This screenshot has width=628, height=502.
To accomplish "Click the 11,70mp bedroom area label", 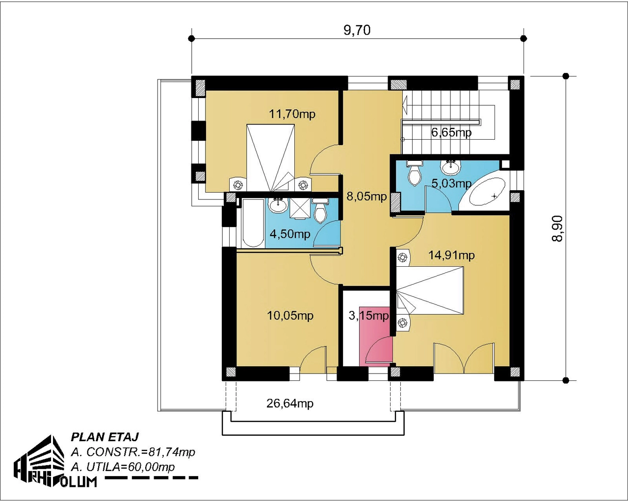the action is point(292,114).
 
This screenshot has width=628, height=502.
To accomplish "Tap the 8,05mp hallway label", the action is point(366,196).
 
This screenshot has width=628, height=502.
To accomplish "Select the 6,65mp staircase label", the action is point(451,132).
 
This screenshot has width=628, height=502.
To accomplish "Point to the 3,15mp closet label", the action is point(368,315).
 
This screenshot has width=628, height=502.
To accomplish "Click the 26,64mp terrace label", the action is point(290,403).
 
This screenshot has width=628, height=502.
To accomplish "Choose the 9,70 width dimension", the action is point(357,30).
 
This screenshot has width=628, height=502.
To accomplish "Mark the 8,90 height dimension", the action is point(557,228).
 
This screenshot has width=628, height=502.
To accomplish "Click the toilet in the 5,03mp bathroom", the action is point(414,173).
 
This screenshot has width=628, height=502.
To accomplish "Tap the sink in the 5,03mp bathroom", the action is point(451,167).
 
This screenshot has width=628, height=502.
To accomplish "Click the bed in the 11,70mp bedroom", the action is point(270,158).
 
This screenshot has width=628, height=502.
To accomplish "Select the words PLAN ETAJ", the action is point(105,437).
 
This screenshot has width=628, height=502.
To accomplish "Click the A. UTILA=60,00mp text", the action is point(123,467).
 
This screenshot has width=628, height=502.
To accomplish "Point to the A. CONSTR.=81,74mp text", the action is point(133,452).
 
